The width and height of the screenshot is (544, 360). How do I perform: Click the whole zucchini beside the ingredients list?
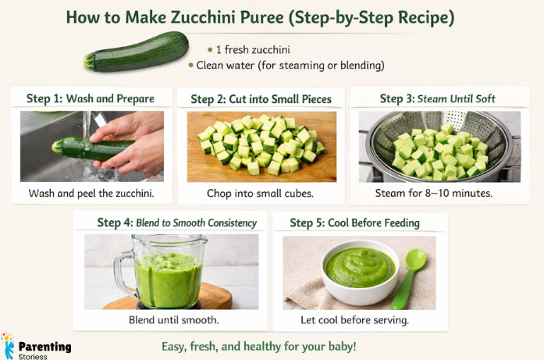[136, 52]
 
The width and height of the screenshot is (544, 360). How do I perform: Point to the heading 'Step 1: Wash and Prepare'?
[90, 98]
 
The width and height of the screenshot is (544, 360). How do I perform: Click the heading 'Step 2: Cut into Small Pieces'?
[261, 98]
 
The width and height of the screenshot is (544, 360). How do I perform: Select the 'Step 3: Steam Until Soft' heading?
[437, 98]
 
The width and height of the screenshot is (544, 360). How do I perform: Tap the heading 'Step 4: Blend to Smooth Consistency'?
[176, 223]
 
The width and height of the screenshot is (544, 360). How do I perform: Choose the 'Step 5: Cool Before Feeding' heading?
[354, 223]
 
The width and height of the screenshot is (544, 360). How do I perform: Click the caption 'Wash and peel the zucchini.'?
[91, 193]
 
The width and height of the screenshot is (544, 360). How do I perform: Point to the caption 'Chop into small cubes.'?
[260, 193]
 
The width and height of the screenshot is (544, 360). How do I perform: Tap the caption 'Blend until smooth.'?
[173, 319]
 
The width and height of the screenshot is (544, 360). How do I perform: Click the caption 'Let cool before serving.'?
[354, 319]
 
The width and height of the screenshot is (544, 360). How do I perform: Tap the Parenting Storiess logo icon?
[9, 345]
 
